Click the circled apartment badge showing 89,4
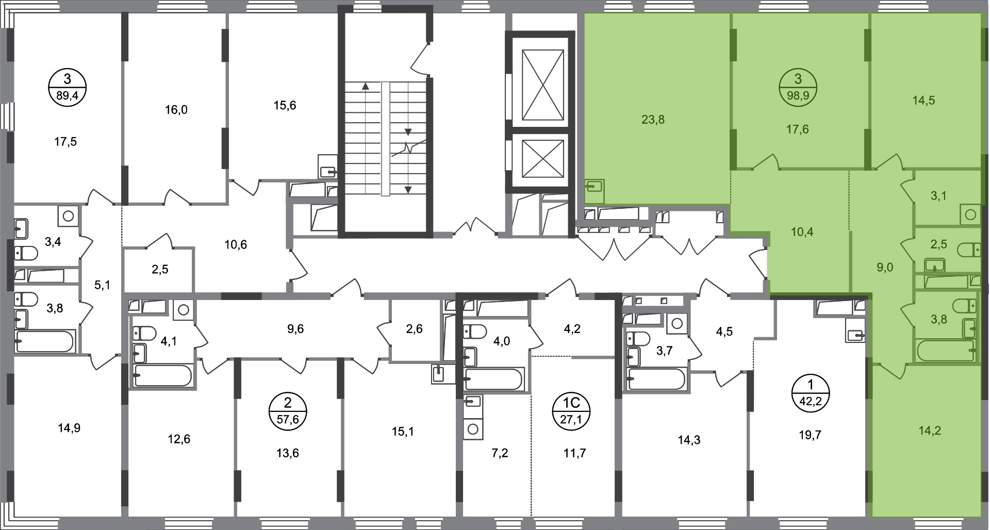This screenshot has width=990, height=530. (x=67, y=88)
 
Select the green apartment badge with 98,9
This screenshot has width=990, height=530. (x=798, y=88)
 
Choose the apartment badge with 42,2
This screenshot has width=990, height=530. (x=810, y=393)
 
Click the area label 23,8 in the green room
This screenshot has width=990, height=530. (x=653, y=120)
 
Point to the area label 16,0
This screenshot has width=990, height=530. (x=176, y=110)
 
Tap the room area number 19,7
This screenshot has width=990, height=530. (x=810, y=435)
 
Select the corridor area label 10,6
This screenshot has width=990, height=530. (x=236, y=244)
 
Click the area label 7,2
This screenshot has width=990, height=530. (x=500, y=453)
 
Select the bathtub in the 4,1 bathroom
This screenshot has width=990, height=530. (x=163, y=375)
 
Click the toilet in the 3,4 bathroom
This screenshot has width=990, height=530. (x=26, y=254)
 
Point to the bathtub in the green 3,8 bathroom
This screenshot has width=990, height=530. (x=945, y=351)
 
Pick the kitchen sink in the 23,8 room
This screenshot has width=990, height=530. (x=595, y=186)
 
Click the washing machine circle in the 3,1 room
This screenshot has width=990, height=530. (x=970, y=214)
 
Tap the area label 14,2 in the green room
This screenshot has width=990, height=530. (x=930, y=430)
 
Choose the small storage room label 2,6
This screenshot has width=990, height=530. (x=414, y=328)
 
